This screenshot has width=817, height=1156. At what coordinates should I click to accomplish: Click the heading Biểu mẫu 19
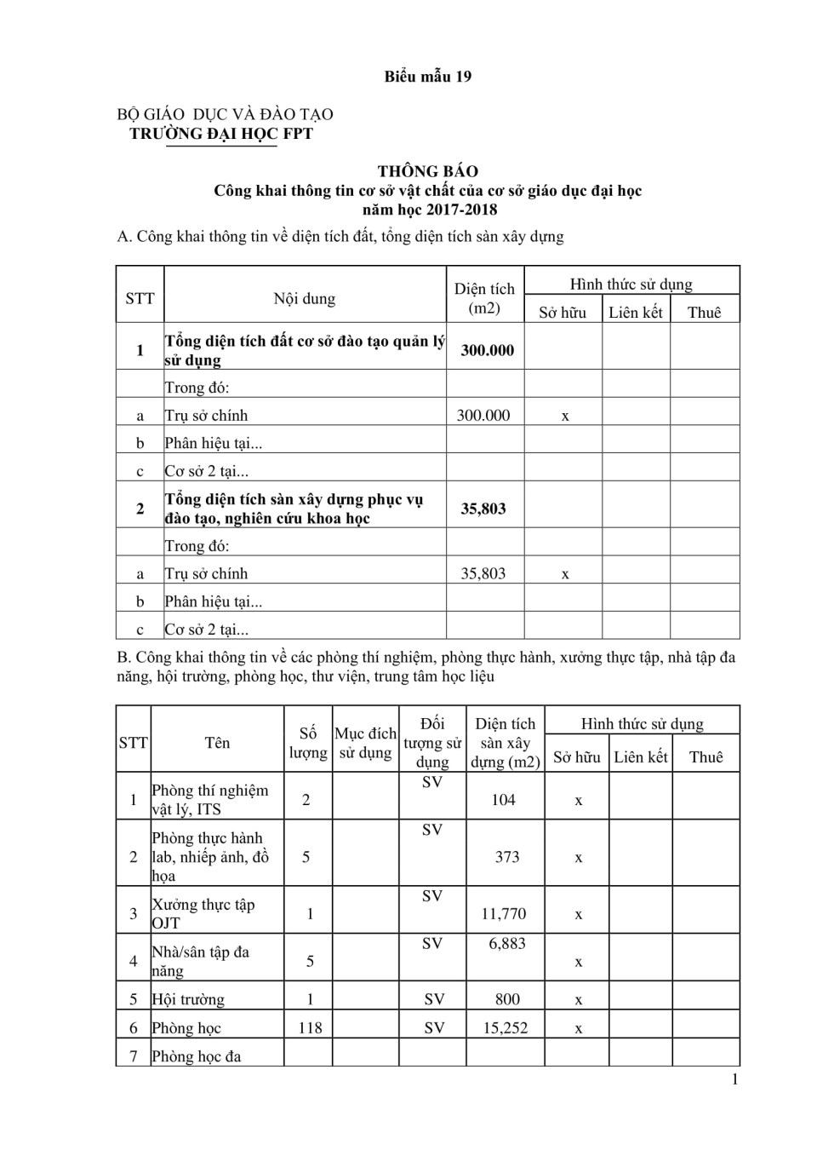[427, 77]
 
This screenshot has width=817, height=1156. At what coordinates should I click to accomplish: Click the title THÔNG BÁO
[427, 171]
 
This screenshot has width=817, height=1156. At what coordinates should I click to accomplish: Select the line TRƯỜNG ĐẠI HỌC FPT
[220, 134]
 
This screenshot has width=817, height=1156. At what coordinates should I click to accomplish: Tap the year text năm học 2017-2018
[429, 210]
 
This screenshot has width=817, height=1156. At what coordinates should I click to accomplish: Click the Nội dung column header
[304, 299]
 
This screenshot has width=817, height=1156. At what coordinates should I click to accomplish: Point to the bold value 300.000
[487, 350]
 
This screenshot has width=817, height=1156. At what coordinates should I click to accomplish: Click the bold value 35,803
[483, 509]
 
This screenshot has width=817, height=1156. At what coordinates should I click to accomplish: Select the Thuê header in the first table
[704, 313]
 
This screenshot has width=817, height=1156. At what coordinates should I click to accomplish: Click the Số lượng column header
[308, 743]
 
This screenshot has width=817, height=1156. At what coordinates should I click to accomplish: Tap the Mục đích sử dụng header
[365, 743]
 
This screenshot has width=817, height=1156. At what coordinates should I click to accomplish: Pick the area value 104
[503, 800]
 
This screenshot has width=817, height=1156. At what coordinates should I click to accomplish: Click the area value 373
[507, 857]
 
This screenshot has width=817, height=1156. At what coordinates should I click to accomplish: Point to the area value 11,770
[504, 914]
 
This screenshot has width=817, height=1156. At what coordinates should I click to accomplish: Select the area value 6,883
[507, 944]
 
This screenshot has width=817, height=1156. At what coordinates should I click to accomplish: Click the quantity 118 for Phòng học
[310, 1028]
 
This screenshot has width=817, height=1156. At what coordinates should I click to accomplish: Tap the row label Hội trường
[188, 1000]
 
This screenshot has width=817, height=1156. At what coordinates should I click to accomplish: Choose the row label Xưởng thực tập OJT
[203, 913]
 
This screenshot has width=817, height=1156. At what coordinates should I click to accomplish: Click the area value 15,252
[506, 1028]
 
